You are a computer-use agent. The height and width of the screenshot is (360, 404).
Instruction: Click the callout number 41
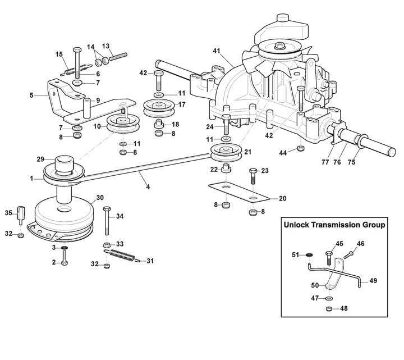click(216, 51)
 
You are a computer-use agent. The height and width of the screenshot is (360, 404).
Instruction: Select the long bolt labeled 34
click(107, 223)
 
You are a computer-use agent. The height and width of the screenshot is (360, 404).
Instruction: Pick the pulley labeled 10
click(122, 122)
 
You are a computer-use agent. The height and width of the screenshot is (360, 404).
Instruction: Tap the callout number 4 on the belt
click(148, 186)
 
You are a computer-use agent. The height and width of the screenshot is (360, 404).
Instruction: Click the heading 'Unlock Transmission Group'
click(334, 225)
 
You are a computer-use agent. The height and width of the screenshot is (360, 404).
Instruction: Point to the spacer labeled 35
click(22, 215)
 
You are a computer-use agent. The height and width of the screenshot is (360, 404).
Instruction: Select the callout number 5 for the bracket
click(31, 95)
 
